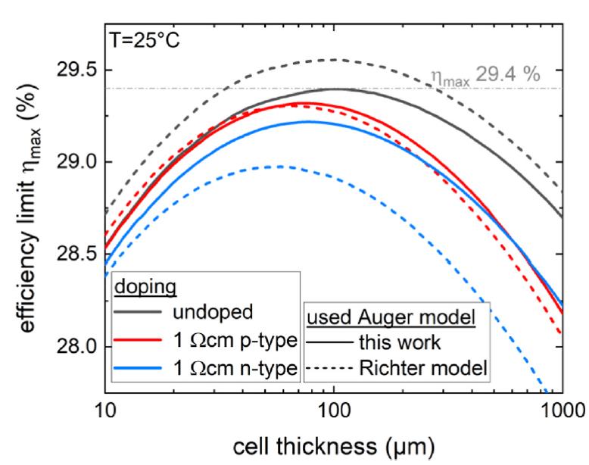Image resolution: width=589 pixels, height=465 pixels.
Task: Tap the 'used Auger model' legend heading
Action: pos(396,317)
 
